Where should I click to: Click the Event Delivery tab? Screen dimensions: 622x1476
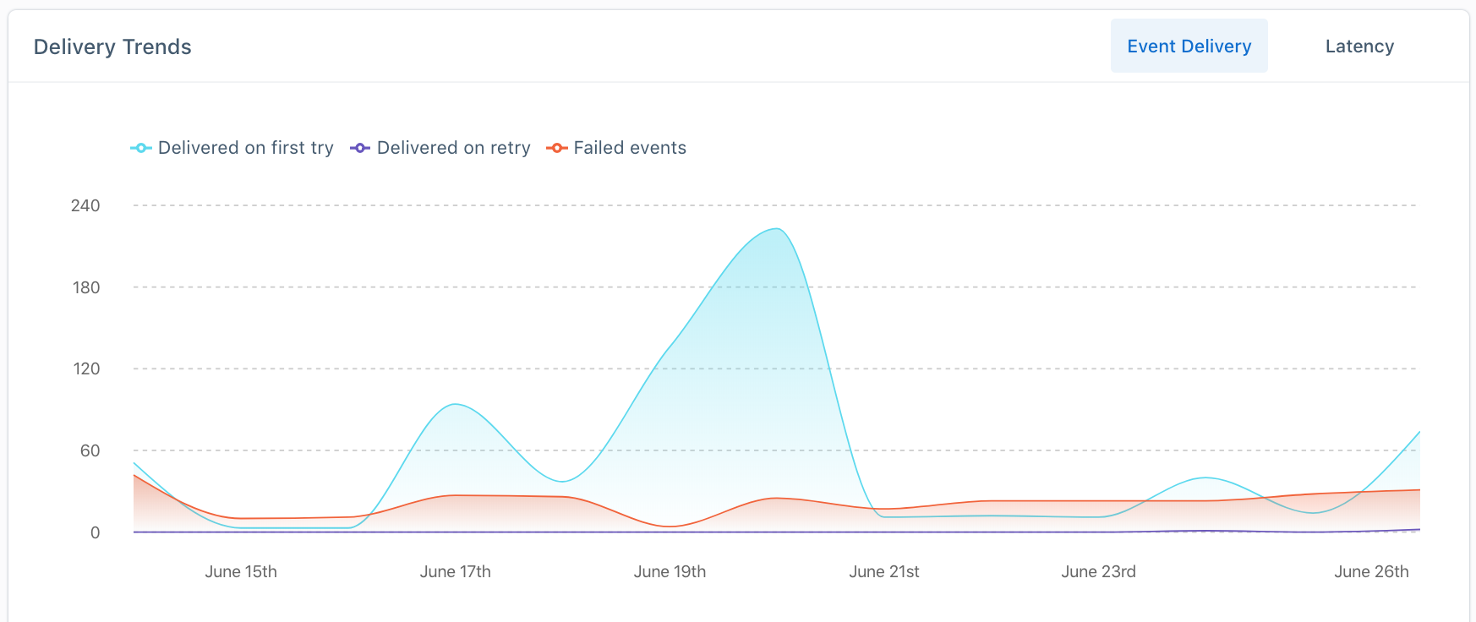click(x=1189, y=46)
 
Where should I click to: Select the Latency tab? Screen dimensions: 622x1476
click(x=1359, y=46)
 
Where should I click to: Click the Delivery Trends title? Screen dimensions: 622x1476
click(x=112, y=47)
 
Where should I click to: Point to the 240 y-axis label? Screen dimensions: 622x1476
click(x=85, y=205)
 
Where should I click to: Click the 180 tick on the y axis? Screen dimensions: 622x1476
click(x=86, y=287)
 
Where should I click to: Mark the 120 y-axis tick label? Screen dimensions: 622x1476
click(x=86, y=368)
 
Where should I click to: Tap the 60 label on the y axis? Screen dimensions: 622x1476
click(x=90, y=450)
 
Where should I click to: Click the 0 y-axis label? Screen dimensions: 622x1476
click(x=95, y=532)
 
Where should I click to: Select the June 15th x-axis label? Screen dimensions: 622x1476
click(x=241, y=571)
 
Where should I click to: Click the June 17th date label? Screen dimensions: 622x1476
click(x=455, y=571)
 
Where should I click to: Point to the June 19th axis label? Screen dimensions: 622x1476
click(x=670, y=571)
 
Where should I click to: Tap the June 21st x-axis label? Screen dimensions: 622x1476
click(x=883, y=571)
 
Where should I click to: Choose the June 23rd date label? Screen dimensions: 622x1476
click(x=1098, y=571)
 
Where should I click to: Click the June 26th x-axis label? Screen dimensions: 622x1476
click(x=1371, y=571)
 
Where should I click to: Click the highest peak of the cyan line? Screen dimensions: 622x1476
click(x=776, y=229)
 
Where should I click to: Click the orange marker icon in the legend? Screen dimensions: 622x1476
click(x=556, y=148)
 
